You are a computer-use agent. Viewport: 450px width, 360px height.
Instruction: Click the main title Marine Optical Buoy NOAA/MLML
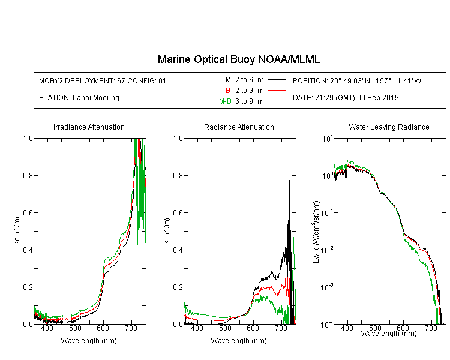[238, 59]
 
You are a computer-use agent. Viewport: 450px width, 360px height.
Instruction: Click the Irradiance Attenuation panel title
[89, 127]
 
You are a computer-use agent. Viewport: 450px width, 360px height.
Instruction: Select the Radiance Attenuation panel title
[239, 127]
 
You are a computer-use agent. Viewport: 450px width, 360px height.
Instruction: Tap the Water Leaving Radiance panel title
[389, 127]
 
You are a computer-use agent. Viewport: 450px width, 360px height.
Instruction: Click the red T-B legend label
[225, 91]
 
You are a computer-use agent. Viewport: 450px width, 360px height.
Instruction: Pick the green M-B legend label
[225, 101]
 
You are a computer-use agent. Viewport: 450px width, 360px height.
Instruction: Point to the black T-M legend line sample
[277, 80]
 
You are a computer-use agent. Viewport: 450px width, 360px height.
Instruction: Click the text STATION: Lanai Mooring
[79, 98]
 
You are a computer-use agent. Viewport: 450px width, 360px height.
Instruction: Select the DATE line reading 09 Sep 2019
[346, 98]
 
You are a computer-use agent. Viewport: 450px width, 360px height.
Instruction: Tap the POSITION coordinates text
[357, 80]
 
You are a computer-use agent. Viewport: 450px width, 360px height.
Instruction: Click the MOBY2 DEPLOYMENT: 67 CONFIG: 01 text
[103, 80]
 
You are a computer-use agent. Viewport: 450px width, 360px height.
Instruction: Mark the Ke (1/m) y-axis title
[17, 231]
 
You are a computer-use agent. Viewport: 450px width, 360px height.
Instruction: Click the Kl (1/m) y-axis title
[167, 231]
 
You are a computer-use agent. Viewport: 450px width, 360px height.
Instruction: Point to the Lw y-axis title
[316, 232]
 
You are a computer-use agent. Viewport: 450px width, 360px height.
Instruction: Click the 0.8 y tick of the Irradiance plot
[28, 175]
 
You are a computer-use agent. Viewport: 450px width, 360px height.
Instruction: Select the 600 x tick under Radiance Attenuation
[253, 328]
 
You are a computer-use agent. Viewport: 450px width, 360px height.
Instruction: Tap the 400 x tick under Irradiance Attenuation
[47, 328]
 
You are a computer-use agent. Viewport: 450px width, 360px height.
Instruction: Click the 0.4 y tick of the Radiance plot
[178, 250]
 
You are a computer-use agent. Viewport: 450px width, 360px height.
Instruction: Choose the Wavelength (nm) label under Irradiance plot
[89, 341]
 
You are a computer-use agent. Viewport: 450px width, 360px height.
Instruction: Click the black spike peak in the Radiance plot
[290, 180]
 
